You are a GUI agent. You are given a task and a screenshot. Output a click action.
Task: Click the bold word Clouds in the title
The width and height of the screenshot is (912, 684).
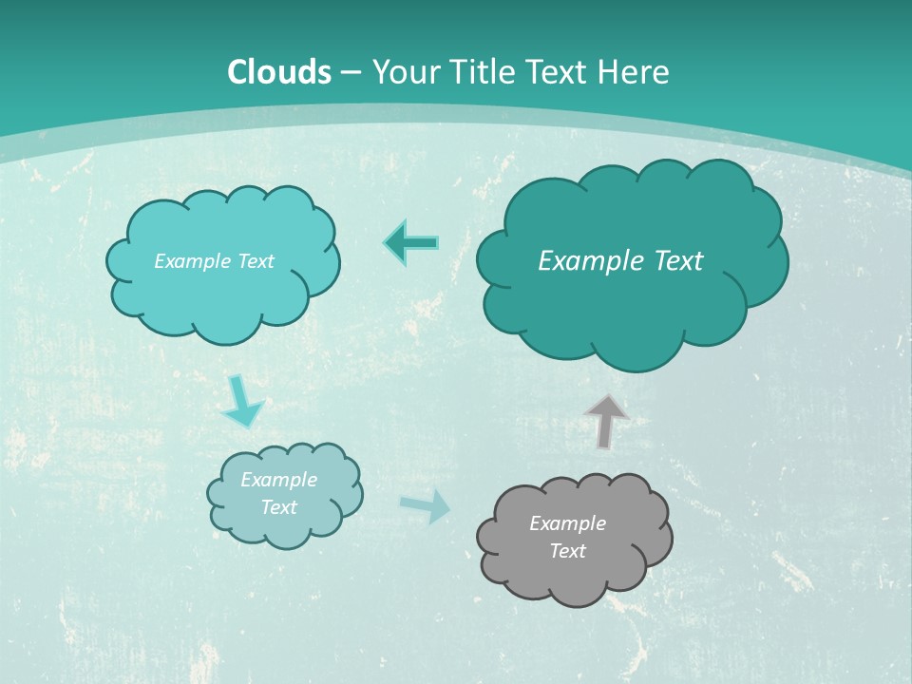279,72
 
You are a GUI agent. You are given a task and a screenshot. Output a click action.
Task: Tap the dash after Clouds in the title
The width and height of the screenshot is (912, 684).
351,73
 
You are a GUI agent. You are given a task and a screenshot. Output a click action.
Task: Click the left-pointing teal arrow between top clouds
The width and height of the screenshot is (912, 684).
411,243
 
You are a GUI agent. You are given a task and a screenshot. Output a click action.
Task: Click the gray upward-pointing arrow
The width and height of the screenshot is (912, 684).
606,421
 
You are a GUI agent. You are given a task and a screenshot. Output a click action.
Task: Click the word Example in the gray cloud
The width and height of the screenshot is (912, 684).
567,523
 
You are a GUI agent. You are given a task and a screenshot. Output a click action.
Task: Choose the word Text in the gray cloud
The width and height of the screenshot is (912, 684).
567,551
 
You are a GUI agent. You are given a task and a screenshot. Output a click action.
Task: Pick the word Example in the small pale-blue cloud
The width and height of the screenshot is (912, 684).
278,480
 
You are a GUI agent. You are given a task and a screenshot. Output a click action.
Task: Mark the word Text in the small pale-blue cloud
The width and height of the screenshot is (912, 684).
278,507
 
